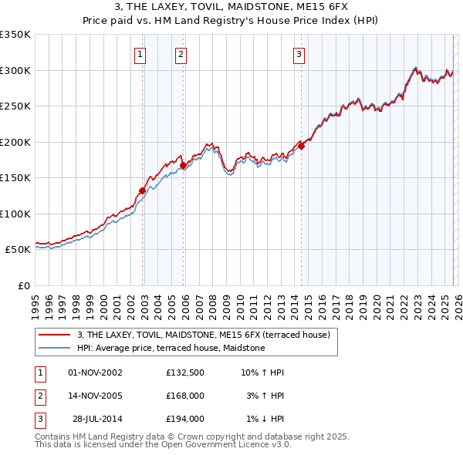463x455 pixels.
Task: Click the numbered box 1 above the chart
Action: click(x=140, y=54)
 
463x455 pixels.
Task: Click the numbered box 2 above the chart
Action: click(x=181, y=54)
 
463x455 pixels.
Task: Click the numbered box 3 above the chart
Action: click(x=299, y=54)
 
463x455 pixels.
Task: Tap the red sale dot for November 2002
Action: click(x=143, y=190)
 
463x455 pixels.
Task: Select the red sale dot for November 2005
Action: click(x=184, y=165)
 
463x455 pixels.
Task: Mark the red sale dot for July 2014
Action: click(x=302, y=147)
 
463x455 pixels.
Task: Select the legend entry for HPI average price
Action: click(x=171, y=348)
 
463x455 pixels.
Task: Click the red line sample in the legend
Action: click(x=55, y=335)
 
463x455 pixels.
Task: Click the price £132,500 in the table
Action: click(x=185, y=372)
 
